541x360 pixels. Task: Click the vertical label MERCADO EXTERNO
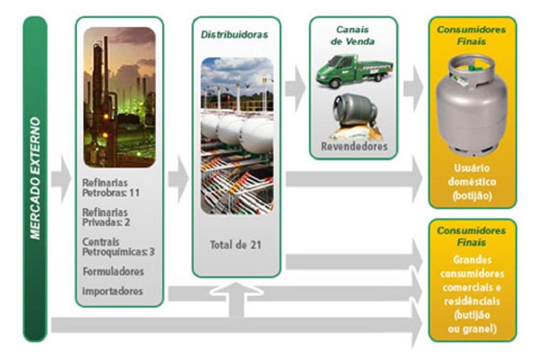[x=35, y=178]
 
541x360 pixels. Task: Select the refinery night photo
[x=119, y=97]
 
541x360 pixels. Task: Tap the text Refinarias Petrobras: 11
[x=111, y=187]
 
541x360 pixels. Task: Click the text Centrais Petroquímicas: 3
[x=118, y=246]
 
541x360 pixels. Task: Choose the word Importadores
[x=113, y=291]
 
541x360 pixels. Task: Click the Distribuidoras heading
[x=234, y=35]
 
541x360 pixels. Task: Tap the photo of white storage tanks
[x=236, y=135]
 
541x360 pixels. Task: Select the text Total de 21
[x=235, y=245]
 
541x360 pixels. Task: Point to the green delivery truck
[x=354, y=69]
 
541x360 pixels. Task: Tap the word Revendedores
[x=354, y=146]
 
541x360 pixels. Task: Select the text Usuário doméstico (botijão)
[x=472, y=182]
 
